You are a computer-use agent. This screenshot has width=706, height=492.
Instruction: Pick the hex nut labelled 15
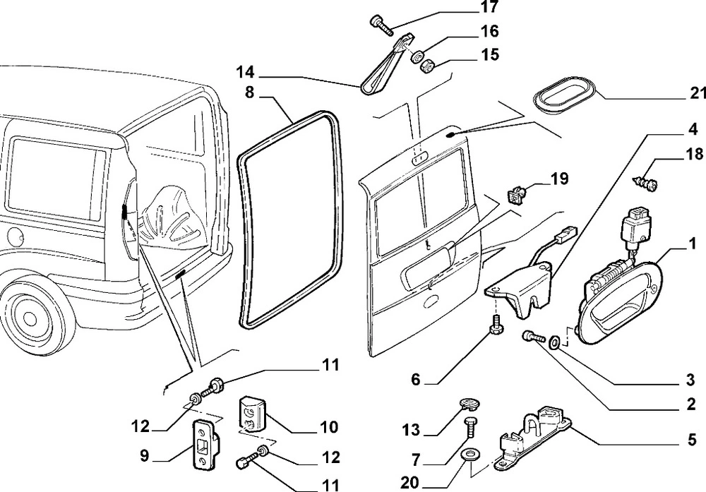click(427, 67)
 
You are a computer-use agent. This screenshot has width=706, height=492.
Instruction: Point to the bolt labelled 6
click(493, 327)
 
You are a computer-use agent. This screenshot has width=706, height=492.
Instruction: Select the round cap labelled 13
click(467, 403)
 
